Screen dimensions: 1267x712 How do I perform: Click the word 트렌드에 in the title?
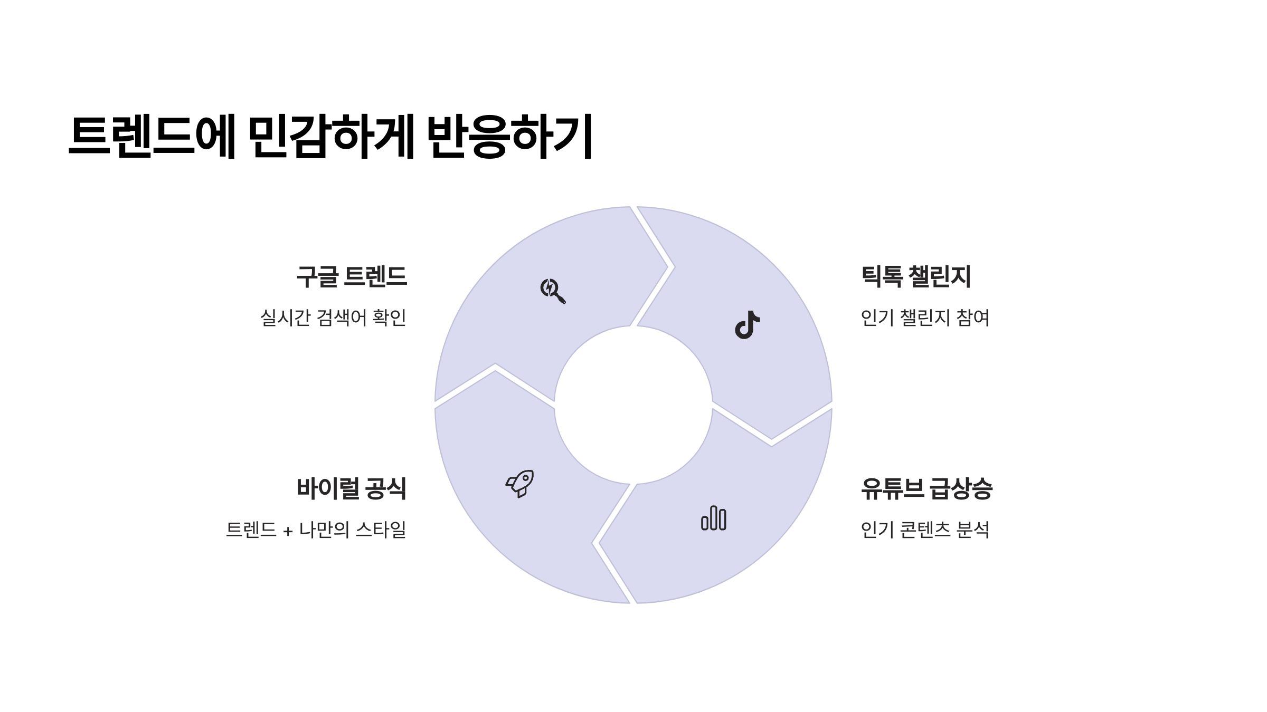[152, 136]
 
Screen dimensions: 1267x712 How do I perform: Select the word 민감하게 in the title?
[331, 136]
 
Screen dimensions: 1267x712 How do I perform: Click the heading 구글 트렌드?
[352, 277]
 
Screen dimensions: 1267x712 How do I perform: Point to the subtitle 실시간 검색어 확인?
[333, 317]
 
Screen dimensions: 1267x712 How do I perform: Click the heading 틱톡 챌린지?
[916, 277]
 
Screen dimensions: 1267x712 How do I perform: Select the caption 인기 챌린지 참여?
[925, 317]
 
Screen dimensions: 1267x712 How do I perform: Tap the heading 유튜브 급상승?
[926, 488]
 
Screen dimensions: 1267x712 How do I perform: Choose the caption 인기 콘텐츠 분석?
[925, 529]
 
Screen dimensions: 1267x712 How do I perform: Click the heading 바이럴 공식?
[352, 488]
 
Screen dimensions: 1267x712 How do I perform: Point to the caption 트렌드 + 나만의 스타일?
[316, 529]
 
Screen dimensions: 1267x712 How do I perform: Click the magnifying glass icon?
[552, 291]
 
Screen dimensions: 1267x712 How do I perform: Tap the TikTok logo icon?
[747, 325]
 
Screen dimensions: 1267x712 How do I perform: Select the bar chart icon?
[713, 518]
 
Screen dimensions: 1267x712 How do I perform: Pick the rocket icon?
[520, 483]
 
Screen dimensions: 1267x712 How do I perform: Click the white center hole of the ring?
[633, 405]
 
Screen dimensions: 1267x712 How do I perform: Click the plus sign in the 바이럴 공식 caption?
[288, 531]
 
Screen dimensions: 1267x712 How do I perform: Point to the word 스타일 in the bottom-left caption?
[381, 529]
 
